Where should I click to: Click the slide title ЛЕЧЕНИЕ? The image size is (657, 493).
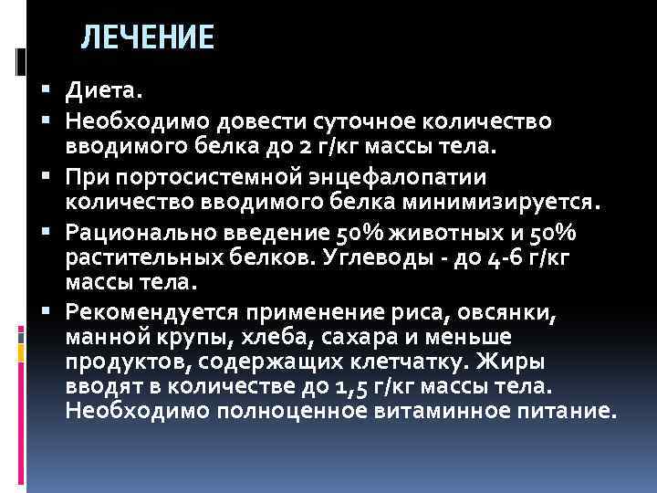(x=147, y=37)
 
